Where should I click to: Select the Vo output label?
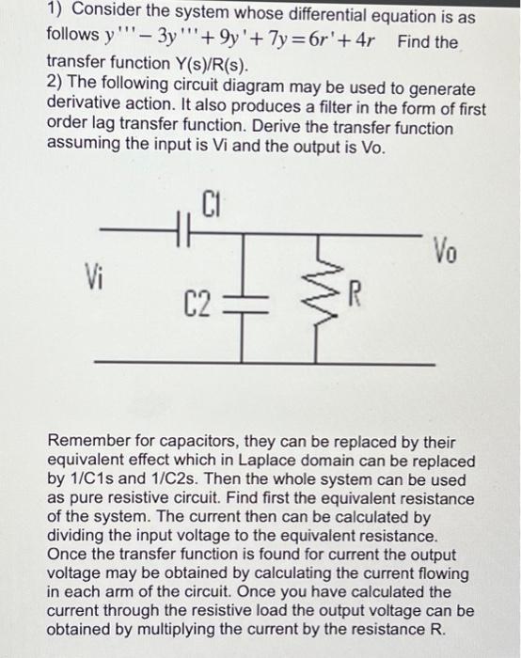pyautogui.click(x=447, y=252)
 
